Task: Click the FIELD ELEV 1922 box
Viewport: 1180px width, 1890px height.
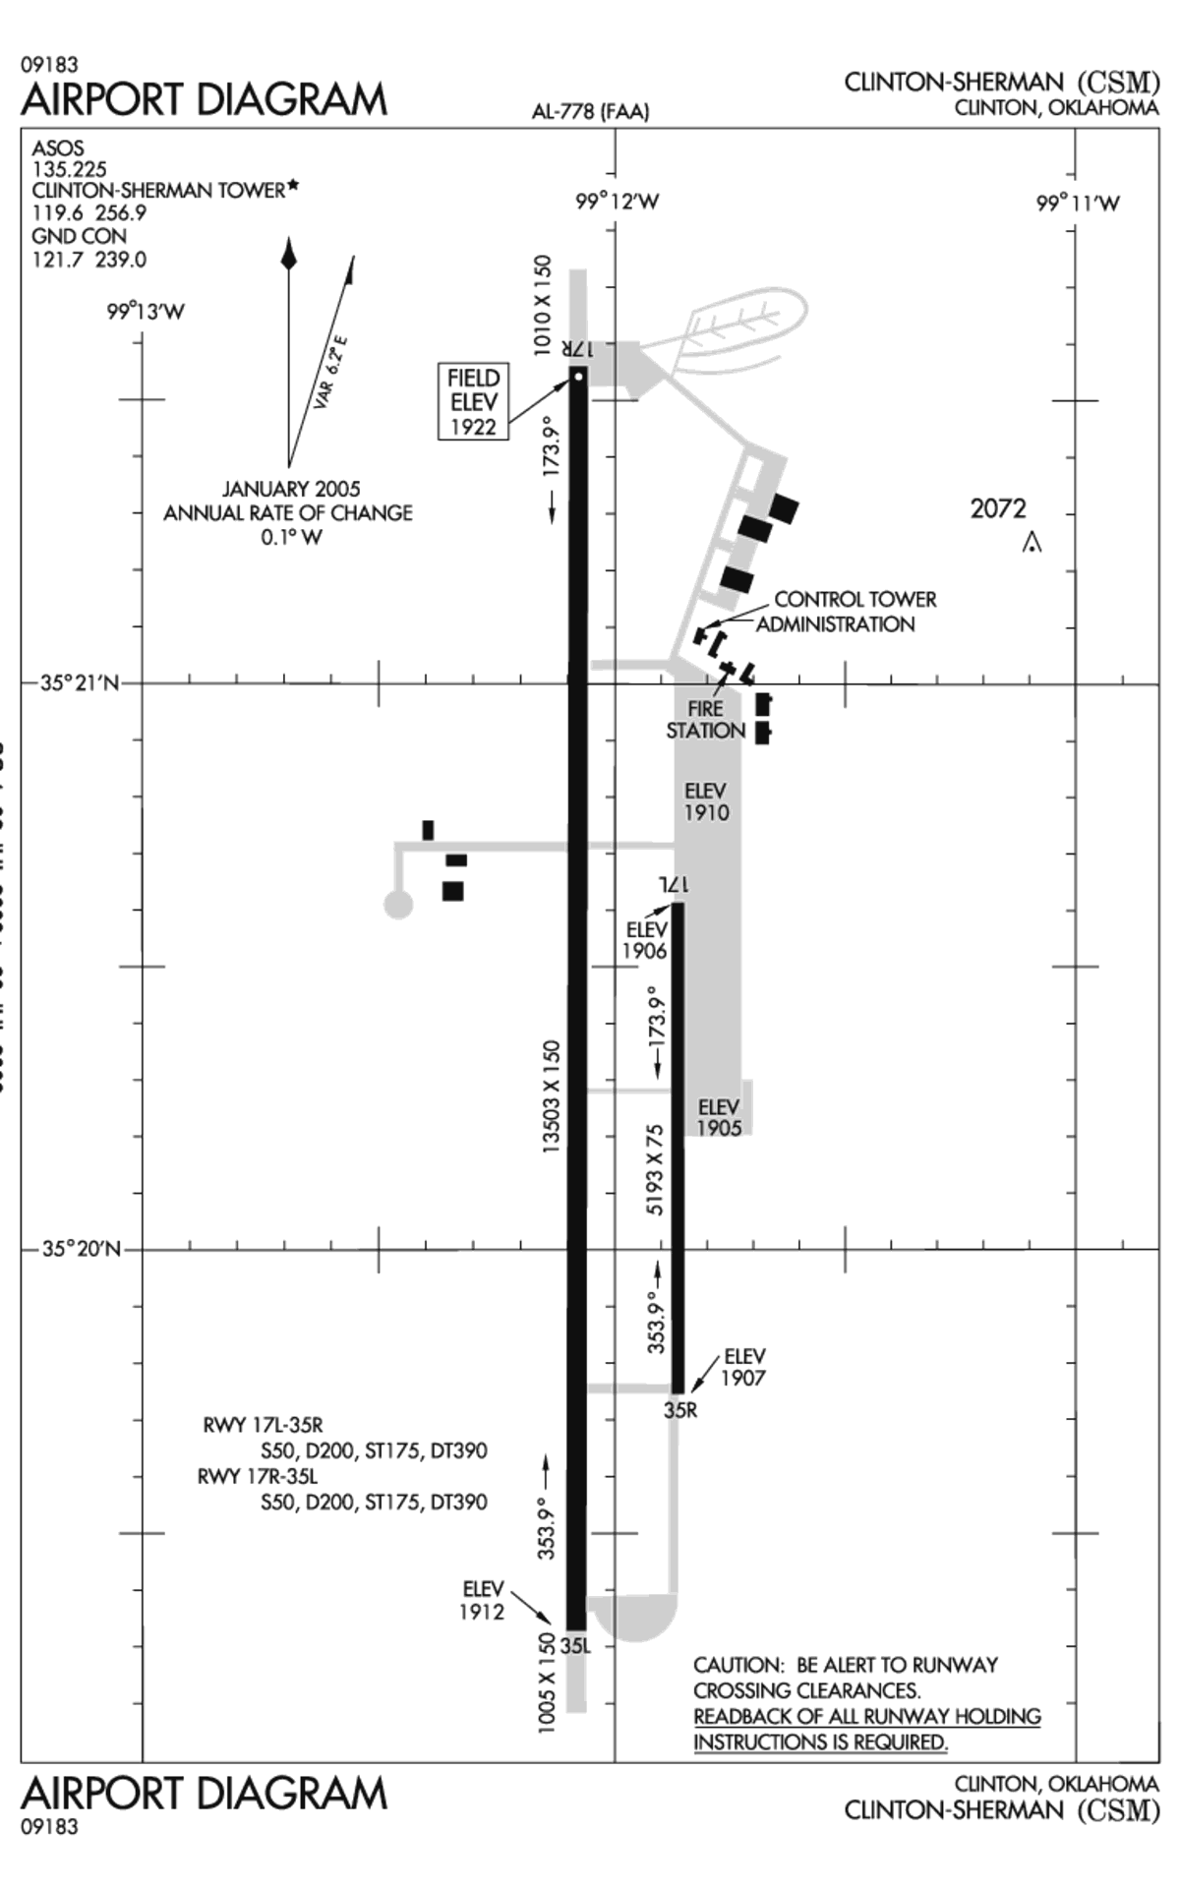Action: (474, 402)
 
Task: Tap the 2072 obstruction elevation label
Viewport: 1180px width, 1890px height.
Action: (997, 508)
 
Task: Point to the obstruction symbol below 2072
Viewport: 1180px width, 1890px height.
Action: (1031, 542)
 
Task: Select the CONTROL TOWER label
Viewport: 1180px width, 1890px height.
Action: (855, 599)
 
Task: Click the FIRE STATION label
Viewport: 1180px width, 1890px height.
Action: (705, 720)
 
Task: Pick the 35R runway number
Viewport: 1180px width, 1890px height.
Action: (679, 1409)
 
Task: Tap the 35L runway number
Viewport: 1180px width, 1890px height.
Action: (575, 1645)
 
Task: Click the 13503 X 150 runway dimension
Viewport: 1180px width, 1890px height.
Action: (552, 1096)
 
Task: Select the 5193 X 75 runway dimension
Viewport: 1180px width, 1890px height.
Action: (655, 1169)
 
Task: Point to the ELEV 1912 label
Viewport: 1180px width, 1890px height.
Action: (482, 1600)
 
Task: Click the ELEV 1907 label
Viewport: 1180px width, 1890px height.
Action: (743, 1367)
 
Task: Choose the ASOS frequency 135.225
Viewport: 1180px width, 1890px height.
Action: (69, 169)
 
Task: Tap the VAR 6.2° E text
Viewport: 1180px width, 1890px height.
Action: (331, 373)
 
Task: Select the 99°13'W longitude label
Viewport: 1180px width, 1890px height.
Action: (146, 313)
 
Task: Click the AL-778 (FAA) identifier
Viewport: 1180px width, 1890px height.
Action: (590, 112)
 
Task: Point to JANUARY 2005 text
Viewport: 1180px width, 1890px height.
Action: (290, 489)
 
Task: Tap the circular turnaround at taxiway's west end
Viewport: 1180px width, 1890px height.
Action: (397, 903)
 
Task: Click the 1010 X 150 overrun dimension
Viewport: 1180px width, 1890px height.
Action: (543, 305)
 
